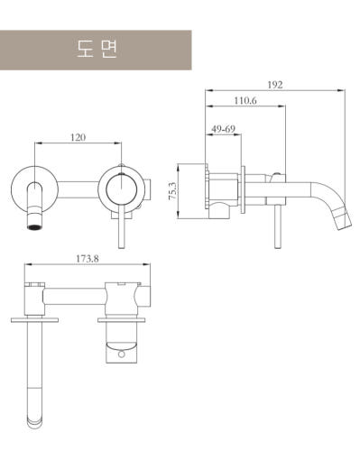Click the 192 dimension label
(x=275, y=85)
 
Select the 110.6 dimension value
(x=245, y=100)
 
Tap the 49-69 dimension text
(x=223, y=129)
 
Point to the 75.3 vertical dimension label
(x=172, y=191)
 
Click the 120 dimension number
(x=78, y=137)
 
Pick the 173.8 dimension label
(x=88, y=259)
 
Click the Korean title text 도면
(x=97, y=50)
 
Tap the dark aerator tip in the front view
(x=35, y=227)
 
